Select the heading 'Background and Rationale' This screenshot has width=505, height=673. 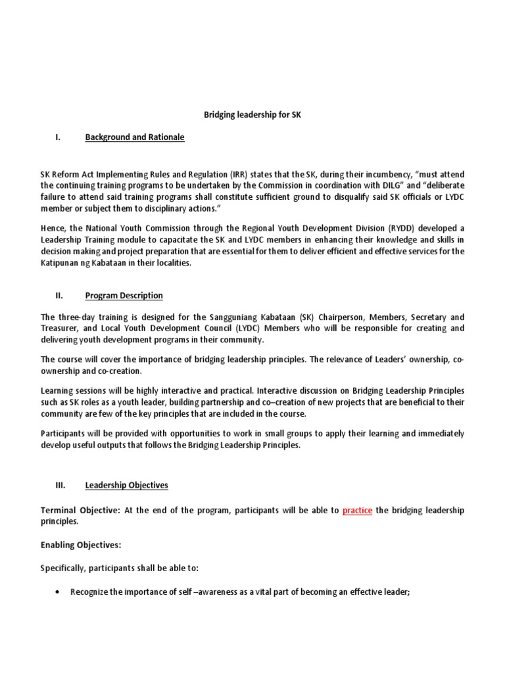(135, 137)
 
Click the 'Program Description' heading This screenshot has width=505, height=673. (124, 295)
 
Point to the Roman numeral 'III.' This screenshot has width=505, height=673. (60, 485)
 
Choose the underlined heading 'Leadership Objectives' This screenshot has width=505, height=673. (126, 485)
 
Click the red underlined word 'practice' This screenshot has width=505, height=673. (357, 510)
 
